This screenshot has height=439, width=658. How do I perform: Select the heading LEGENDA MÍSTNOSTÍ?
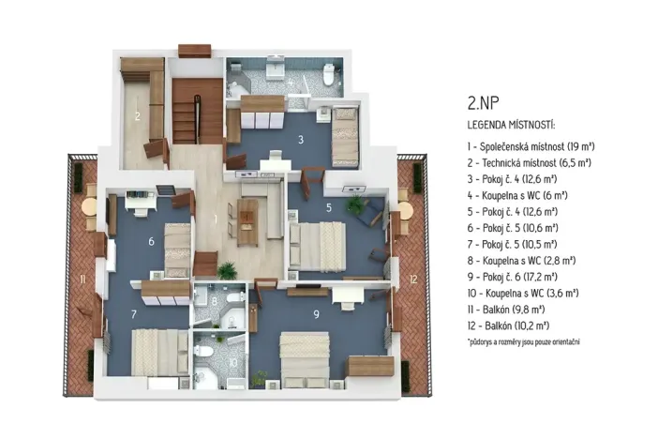[x=511, y=125]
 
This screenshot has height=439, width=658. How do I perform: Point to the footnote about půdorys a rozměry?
[x=524, y=341]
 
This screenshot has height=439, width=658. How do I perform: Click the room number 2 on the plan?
[x=137, y=117]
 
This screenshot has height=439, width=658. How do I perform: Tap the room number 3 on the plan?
[x=300, y=140]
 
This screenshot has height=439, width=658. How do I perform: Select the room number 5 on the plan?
[x=328, y=207]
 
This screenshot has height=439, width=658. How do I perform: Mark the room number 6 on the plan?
[x=151, y=241]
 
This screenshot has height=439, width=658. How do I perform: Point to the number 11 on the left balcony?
[x=82, y=280]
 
